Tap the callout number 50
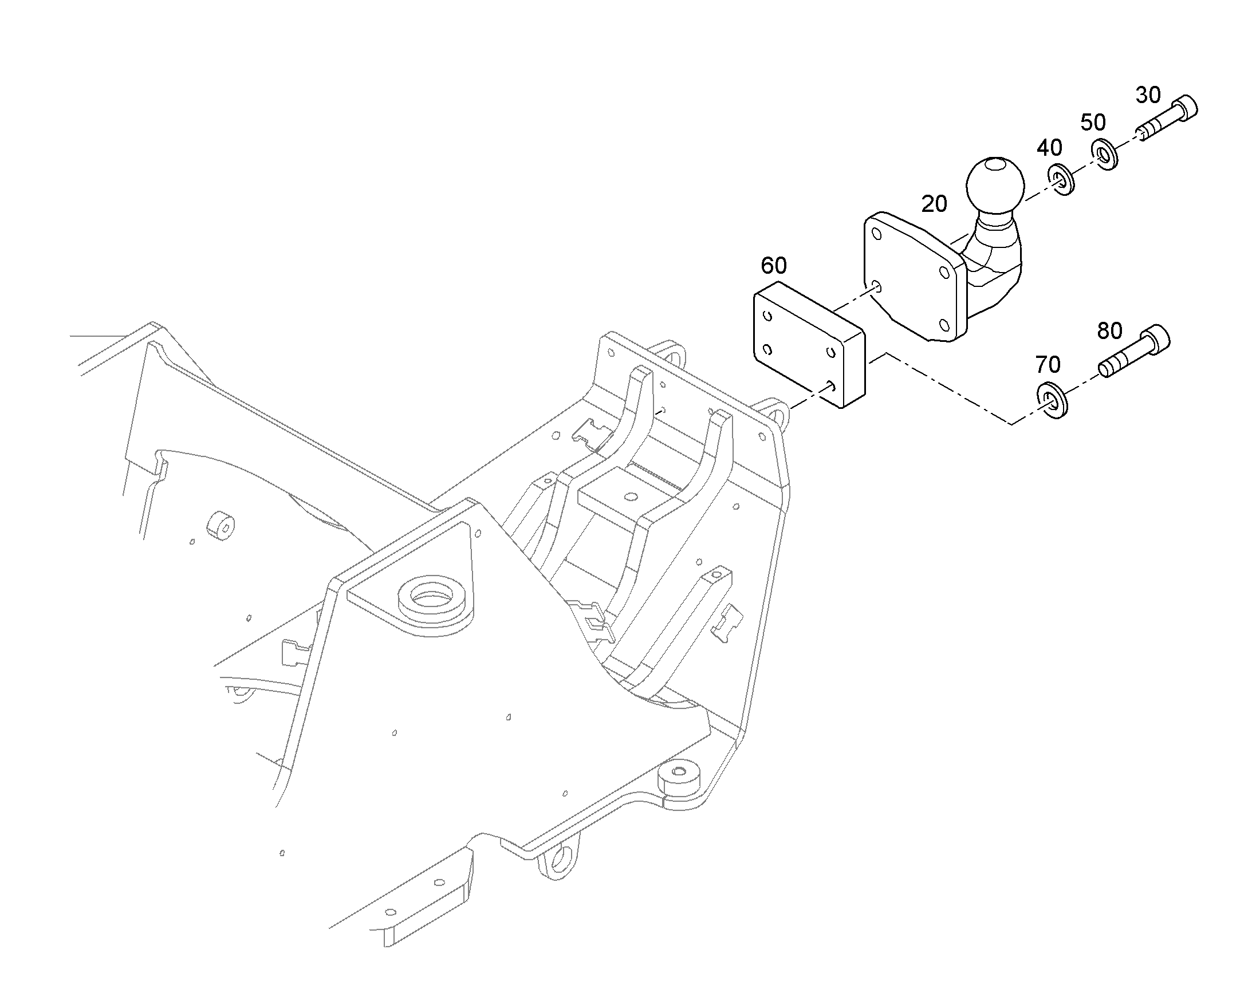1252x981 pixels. [1093, 123]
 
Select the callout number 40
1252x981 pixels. [1049, 148]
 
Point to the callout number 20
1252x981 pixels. [934, 204]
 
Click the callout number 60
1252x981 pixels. [774, 265]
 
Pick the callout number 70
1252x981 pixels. [1048, 364]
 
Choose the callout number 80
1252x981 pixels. [1109, 331]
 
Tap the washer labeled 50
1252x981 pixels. [1104, 155]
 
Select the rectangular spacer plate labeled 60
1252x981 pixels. [809, 345]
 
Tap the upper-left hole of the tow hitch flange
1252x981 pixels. [876, 234]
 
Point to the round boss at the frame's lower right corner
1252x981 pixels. [679, 779]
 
